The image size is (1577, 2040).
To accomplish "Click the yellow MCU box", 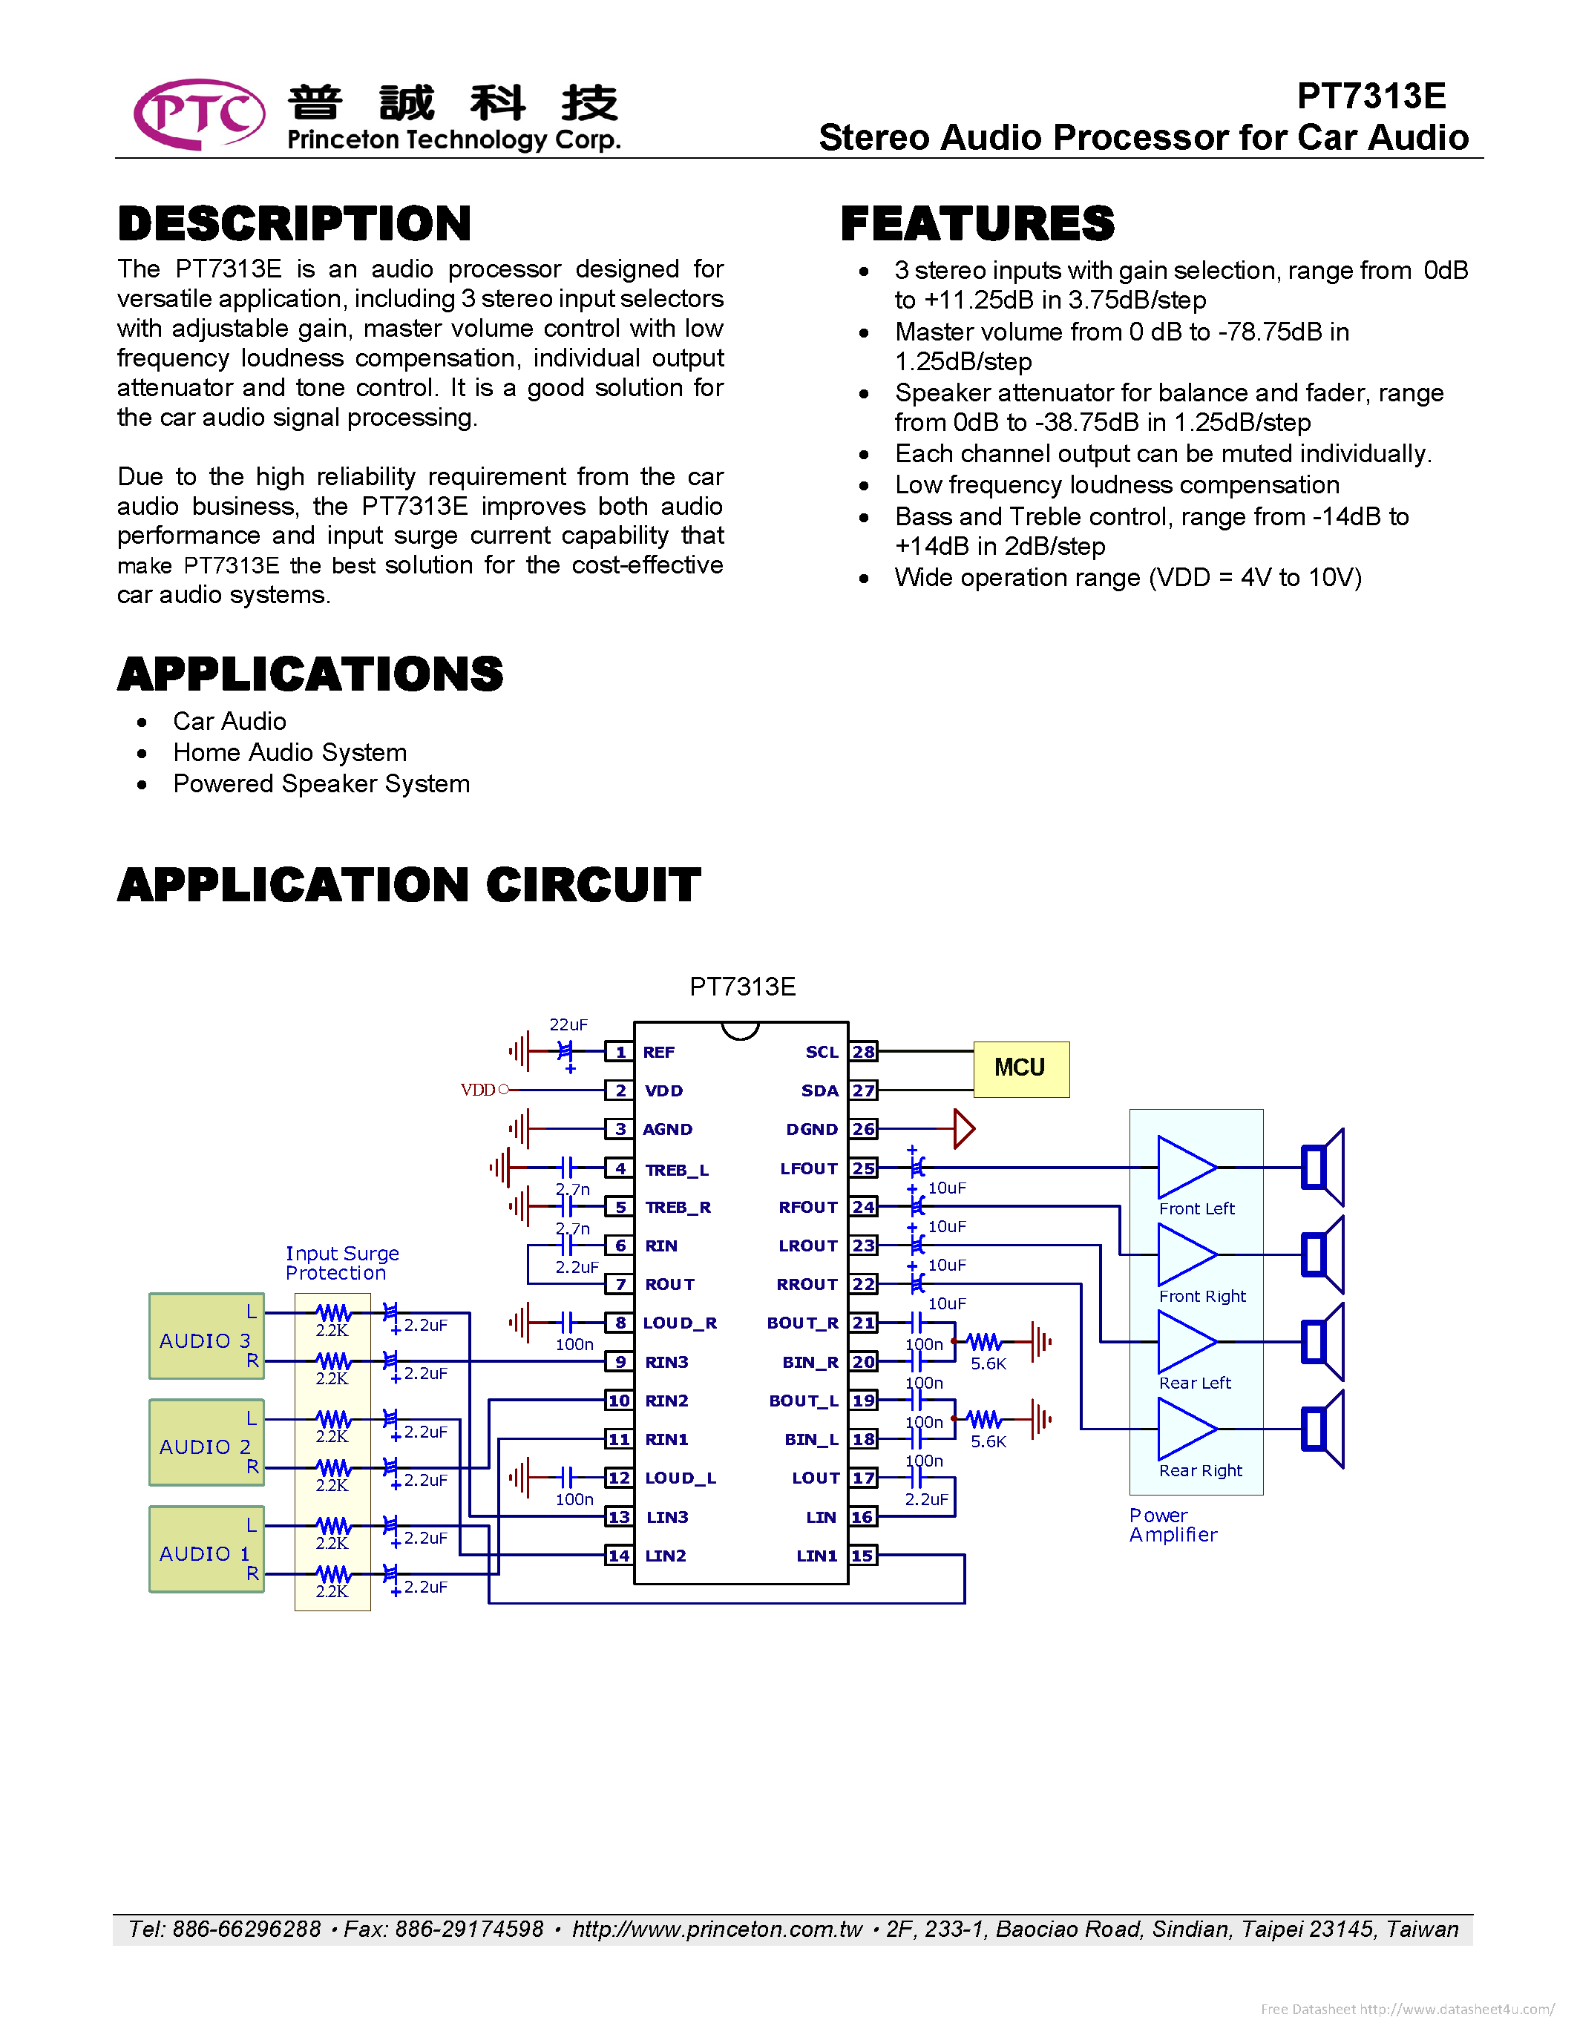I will coord(1020,1068).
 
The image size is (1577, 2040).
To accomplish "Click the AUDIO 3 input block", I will coord(206,1337).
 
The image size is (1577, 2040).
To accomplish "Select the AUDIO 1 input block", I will coord(206,1550).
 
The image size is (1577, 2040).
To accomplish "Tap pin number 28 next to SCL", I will coord(863,1052).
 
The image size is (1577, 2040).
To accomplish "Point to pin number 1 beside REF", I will coord(620,1052).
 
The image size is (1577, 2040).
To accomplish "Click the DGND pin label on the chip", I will coord(811,1129).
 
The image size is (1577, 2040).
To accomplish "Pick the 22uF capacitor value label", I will coord(568,1024).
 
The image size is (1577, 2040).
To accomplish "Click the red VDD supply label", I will coord(477,1090).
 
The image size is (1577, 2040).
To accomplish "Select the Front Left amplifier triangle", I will coord(1184,1168).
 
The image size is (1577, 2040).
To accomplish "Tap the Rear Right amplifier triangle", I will coord(1184,1429).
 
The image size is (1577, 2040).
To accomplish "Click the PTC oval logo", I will coord(199,114).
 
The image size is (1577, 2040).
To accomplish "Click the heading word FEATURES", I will coord(977,224).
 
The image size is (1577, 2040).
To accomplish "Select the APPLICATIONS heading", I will coord(310,674).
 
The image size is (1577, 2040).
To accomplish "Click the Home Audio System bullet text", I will coord(289,753).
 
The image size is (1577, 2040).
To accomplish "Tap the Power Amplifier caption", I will coord(1173,1524).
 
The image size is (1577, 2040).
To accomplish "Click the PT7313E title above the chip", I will coord(742,987).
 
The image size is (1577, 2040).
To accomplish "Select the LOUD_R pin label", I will coord(679,1323).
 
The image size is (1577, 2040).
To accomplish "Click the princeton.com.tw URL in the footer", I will coord(717,1929).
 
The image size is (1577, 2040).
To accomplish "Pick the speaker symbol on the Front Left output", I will coord(1322,1168).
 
